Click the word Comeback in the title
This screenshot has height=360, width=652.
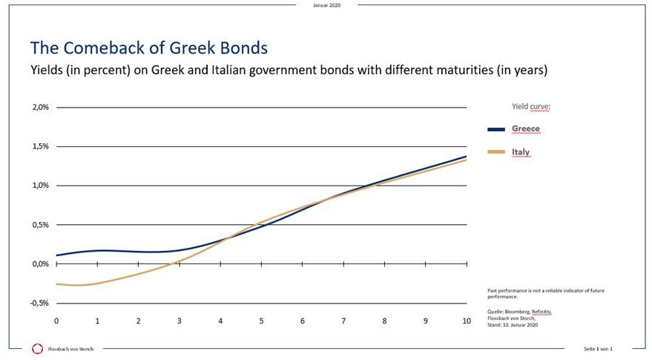[x=99, y=48]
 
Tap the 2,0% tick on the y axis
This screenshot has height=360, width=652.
[x=40, y=108]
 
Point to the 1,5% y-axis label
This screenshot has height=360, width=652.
[x=40, y=146]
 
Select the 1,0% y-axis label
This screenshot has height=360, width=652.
[x=40, y=186]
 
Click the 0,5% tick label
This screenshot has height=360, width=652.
[x=40, y=225]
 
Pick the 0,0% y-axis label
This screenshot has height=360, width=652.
[x=40, y=264]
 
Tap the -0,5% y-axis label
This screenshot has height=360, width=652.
[x=39, y=303]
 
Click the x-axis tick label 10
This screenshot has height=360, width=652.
[x=466, y=321]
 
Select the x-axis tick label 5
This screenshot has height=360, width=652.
[x=261, y=321]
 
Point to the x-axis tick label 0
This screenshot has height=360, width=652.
[x=56, y=321]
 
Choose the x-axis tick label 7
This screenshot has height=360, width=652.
[x=343, y=321]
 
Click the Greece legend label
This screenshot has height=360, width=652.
[x=525, y=129]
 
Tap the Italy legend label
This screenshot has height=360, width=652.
[x=521, y=152]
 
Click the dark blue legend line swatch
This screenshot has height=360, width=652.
[x=495, y=129]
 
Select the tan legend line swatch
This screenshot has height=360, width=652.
[x=495, y=152]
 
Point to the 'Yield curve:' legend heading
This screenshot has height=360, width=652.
[x=531, y=106]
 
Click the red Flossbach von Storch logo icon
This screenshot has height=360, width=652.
[x=37, y=348]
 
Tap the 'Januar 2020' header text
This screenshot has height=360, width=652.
[x=326, y=4]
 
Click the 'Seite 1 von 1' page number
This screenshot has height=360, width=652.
[x=599, y=349]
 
